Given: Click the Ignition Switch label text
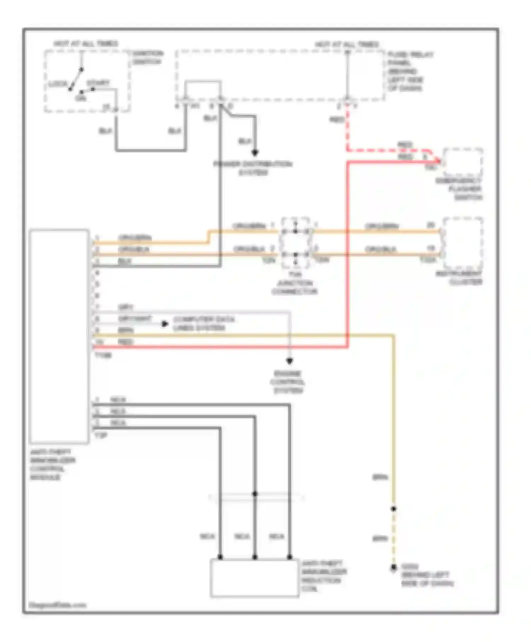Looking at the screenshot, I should click(x=148, y=58).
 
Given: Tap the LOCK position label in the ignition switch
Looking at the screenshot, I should click(x=58, y=84).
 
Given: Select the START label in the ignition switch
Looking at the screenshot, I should click(x=98, y=83).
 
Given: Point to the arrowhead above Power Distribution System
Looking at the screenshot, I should click(x=255, y=153).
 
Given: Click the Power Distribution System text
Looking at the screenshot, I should click(x=253, y=168).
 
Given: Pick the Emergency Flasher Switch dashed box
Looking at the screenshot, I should click(x=463, y=162).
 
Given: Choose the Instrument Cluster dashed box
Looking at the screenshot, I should click(x=463, y=243).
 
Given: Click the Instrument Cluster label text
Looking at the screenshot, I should click(x=459, y=278).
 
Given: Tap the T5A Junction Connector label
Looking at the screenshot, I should click(x=295, y=283).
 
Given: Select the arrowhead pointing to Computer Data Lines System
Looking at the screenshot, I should click(x=165, y=323).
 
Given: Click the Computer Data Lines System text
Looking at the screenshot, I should click(x=204, y=323).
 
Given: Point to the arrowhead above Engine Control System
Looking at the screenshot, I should click(x=290, y=361).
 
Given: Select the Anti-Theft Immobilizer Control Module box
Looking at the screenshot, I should click(x=59, y=336).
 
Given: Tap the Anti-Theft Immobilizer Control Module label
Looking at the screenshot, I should click(x=52, y=464).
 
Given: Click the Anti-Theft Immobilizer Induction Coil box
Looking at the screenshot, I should click(x=254, y=578).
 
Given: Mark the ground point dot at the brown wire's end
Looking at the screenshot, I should click(x=393, y=568).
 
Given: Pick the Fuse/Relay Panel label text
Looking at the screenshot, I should click(x=410, y=71).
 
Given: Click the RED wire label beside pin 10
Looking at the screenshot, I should click(x=125, y=342).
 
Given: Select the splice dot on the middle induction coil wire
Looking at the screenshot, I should click(x=255, y=494).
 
